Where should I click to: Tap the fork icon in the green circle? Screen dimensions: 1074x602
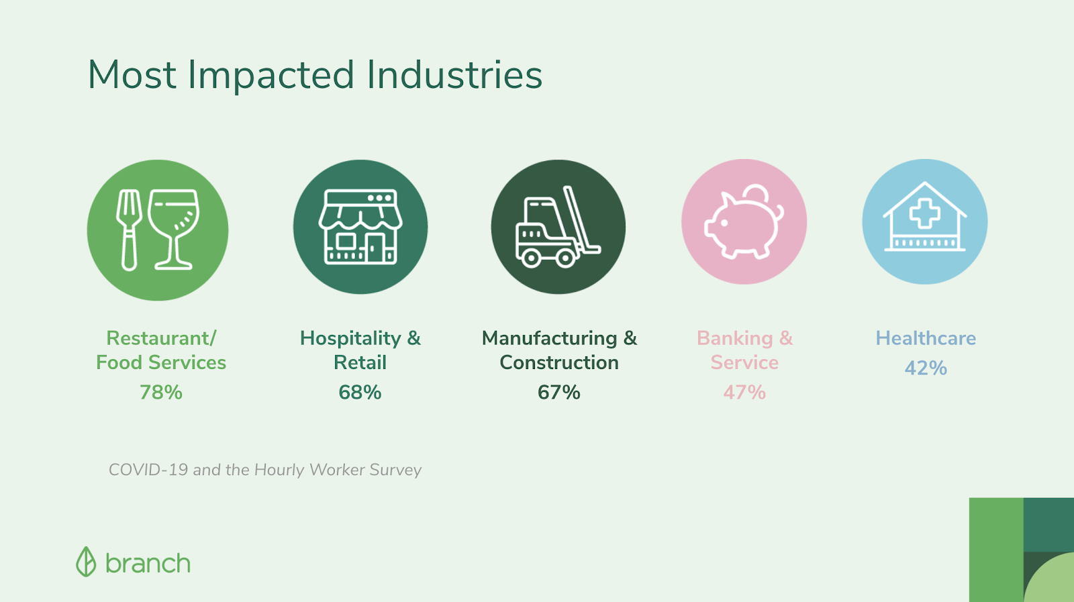[x=128, y=230]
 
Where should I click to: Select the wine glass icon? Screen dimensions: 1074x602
[x=173, y=230]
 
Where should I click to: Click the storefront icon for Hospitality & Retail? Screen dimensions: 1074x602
[x=360, y=227]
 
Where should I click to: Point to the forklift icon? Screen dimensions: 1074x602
[x=558, y=227]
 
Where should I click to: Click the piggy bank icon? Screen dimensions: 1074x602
[x=744, y=222]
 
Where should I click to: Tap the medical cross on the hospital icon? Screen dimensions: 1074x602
[x=925, y=213]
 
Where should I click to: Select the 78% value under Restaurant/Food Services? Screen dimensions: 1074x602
[x=161, y=392]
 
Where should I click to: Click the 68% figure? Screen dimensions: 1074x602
[x=360, y=392]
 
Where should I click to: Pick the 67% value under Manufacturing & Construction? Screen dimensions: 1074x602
[x=559, y=392]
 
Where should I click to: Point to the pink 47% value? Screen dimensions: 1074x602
[x=744, y=392]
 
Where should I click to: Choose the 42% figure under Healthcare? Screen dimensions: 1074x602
[x=926, y=368]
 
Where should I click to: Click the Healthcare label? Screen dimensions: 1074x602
[x=926, y=338]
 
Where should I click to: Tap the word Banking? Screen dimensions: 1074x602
[x=735, y=338]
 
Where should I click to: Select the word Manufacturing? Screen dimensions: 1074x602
[x=550, y=338]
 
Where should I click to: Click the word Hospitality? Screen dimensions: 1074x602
[x=350, y=338]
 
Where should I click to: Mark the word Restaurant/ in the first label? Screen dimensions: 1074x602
[x=161, y=338]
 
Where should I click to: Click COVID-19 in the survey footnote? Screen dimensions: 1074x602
[x=148, y=470]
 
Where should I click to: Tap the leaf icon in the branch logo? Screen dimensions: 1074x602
[x=86, y=561]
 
